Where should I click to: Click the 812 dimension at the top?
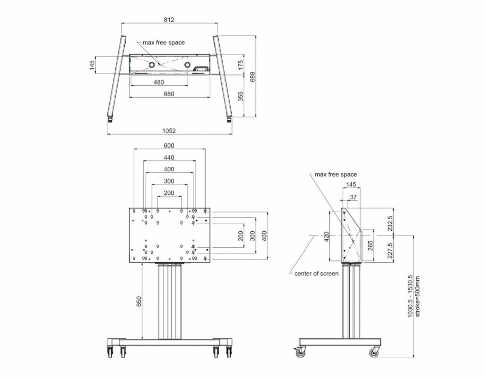point(169,20)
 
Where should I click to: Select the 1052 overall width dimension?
point(169,131)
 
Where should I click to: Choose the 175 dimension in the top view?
point(240,65)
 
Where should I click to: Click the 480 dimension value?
point(158,82)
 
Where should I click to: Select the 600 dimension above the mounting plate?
point(169,146)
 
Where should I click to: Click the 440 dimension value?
point(169,157)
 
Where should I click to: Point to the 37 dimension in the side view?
point(353,197)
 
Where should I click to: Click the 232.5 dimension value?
point(390,223)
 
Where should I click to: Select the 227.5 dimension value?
point(390,250)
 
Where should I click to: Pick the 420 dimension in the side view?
point(326,236)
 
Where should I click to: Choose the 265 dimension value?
point(370,246)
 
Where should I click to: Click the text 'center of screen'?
point(316,274)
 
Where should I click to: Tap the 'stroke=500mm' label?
point(417,296)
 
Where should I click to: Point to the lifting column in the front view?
point(169,302)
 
